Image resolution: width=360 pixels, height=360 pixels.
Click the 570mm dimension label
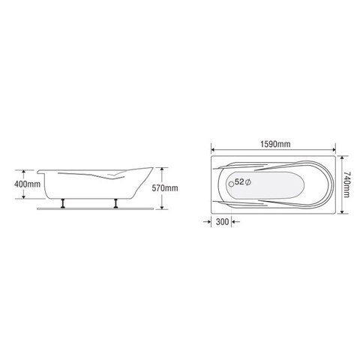[166, 188]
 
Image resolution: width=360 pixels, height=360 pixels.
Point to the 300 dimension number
[223, 223]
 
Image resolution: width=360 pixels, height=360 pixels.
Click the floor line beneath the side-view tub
[90, 209]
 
